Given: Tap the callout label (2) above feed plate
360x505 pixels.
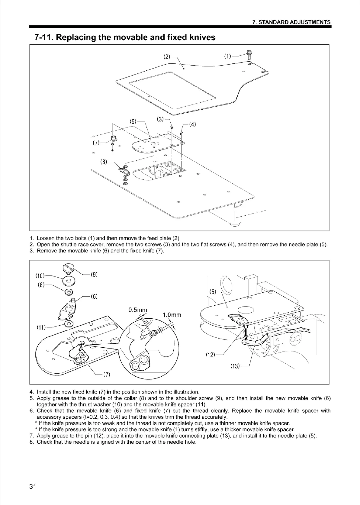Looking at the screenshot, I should point(166,56).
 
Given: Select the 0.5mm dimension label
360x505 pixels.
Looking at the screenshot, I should point(138,310).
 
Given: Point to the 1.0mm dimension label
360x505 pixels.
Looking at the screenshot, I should point(172,315).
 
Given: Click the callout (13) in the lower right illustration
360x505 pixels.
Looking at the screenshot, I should point(235,366).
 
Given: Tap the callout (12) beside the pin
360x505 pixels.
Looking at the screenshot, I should point(211,355).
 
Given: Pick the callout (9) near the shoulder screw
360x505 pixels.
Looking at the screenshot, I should point(94,275).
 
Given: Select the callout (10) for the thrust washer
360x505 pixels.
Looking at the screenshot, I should point(40,276).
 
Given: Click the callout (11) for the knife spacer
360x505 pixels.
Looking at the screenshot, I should point(40,327).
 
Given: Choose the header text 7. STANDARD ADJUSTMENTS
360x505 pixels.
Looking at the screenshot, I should point(291,22).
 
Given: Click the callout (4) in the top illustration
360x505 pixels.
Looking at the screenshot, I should point(192,124).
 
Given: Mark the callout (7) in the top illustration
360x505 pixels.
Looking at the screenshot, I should point(96,143).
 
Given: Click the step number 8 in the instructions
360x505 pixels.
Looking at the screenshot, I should point(31,442).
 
